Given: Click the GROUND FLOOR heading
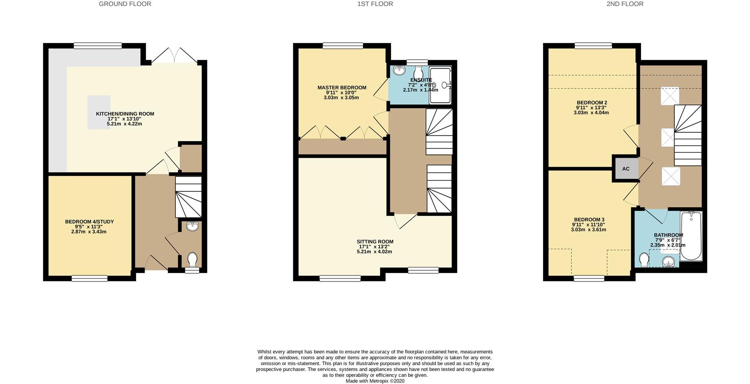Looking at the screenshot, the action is [125, 4].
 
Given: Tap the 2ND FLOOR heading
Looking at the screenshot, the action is [625, 4].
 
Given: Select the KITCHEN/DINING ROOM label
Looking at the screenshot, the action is [125, 114].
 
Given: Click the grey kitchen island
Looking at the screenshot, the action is [99, 112].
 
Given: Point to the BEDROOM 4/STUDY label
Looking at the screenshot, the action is [89, 222].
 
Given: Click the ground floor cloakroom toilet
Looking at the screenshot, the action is [192, 259].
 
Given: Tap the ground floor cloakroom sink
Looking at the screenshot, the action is [192, 226].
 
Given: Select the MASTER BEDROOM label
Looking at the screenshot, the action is [342, 87].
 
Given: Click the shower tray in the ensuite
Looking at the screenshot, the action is [440, 85].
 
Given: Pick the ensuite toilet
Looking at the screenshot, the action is [418, 72].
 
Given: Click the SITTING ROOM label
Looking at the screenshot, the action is [375, 242].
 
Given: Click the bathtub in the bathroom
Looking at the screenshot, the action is [691, 236].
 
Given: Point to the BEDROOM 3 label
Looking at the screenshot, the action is [589, 219].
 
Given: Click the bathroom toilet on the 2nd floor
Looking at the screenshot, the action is [644, 260].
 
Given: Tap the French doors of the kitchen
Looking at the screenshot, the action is [174, 56].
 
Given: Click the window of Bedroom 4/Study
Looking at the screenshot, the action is [89, 278].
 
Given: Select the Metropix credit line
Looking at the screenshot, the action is [375, 381].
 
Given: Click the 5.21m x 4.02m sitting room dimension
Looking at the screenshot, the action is [374, 252].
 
